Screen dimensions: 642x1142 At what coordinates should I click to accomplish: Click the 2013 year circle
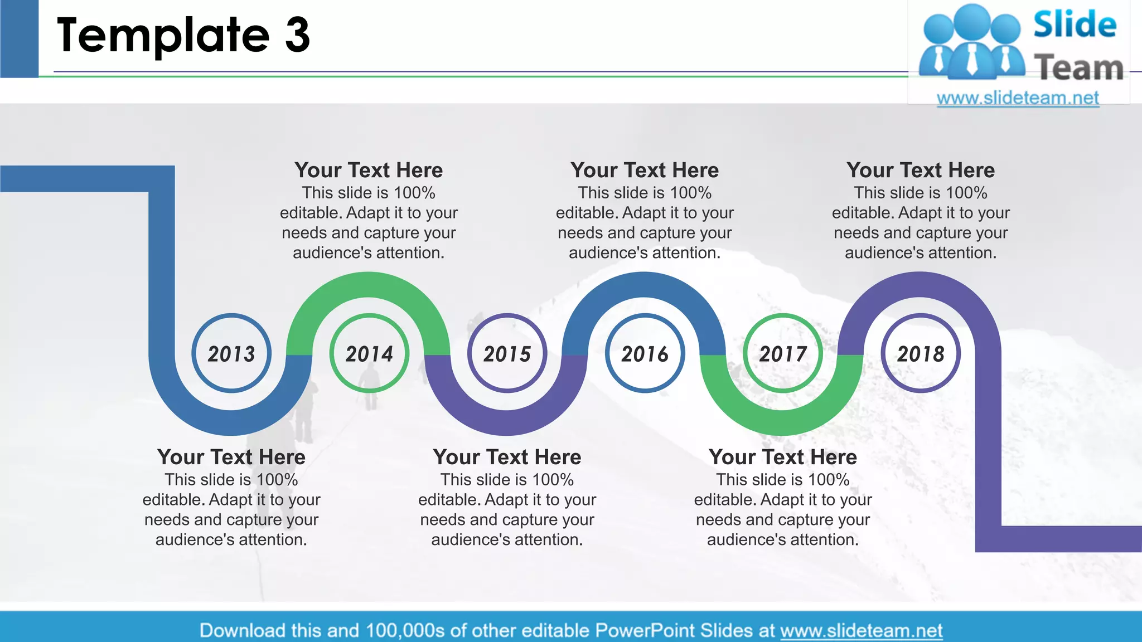click(x=231, y=353)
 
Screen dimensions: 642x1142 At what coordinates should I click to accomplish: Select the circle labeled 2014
click(x=369, y=353)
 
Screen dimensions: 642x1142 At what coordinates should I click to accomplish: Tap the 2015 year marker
click(x=507, y=353)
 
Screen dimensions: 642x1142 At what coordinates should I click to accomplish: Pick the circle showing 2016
click(x=645, y=353)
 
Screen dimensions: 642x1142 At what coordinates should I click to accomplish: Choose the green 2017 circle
click(x=783, y=353)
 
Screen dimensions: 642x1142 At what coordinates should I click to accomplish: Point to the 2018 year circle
click(x=921, y=353)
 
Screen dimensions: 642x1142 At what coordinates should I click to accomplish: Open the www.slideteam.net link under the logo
click(x=1018, y=98)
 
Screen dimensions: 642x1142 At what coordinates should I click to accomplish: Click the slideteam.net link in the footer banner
click(x=861, y=630)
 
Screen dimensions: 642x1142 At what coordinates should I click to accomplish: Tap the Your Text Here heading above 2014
click(x=369, y=170)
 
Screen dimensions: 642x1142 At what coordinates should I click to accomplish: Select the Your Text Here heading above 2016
click(x=645, y=170)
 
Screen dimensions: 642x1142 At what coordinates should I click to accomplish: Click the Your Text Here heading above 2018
click(x=921, y=170)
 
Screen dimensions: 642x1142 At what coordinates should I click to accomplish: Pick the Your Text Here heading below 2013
click(x=231, y=457)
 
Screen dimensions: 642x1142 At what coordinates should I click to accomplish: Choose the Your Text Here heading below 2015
click(x=507, y=457)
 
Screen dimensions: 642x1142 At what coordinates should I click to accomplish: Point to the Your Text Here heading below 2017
click(x=783, y=457)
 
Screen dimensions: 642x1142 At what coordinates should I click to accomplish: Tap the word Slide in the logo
click(x=1075, y=25)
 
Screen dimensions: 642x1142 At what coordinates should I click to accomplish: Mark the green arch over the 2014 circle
click(x=368, y=285)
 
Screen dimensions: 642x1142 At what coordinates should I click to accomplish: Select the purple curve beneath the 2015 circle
click(x=507, y=422)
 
